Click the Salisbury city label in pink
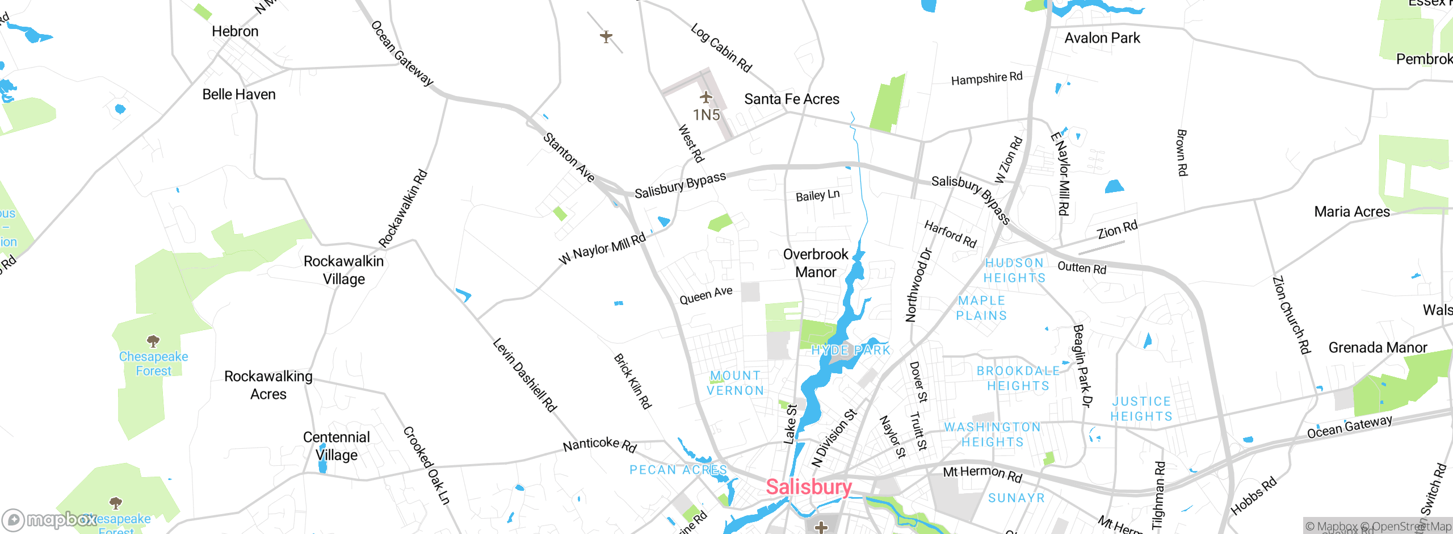pyautogui.click(x=809, y=487)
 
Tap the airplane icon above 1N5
pyautogui.click(x=706, y=97)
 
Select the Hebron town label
pyautogui.click(x=235, y=31)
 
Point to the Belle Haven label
pyautogui.click(x=239, y=94)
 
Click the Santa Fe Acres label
pyautogui.click(x=791, y=99)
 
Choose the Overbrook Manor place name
pyautogui.click(x=816, y=263)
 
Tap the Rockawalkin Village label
pyautogui.click(x=343, y=270)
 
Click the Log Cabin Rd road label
pyautogui.click(x=721, y=48)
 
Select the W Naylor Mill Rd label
pyautogui.click(x=602, y=248)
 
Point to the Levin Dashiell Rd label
pyautogui.click(x=524, y=374)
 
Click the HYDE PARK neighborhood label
pyautogui.click(x=851, y=350)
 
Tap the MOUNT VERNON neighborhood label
pyautogui.click(x=735, y=383)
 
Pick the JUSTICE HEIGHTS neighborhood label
pyautogui.click(x=1141, y=409)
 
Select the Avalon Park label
pyautogui.click(x=1102, y=38)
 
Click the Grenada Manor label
pyautogui.click(x=1378, y=348)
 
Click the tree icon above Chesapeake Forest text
pyautogui.click(x=153, y=341)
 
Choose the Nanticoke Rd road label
pyautogui.click(x=599, y=444)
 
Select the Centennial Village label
pyautogui.click(x=336, y=446)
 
